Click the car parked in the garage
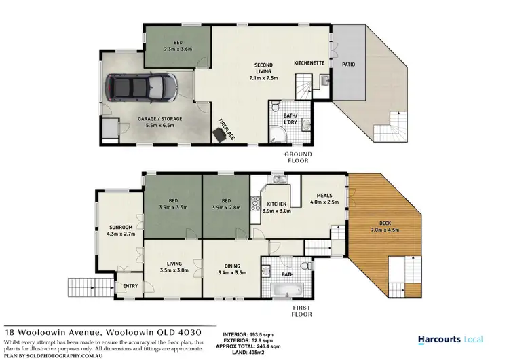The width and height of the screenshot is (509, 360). (141, 87)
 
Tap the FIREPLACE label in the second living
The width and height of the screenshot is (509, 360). (225, 128)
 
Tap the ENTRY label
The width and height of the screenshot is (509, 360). (130, 286)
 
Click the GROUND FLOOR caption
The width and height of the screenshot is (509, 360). (296, 158)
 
